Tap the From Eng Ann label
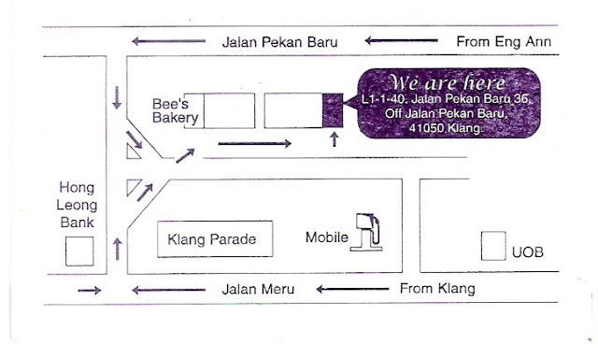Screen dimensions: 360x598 point(503,42)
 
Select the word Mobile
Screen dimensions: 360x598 point(328,238)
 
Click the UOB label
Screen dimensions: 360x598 point(528,253)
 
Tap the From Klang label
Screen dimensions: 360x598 point(436,288)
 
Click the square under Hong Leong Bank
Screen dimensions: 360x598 point(79,251)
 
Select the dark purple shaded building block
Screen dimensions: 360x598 point(332,110)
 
